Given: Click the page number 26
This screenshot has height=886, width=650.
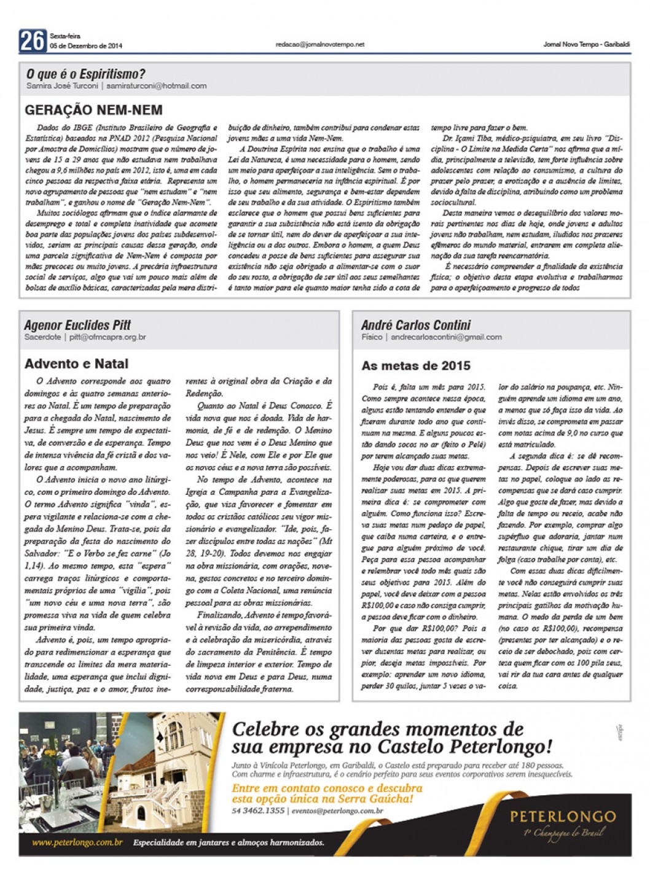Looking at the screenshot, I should pos(32,41).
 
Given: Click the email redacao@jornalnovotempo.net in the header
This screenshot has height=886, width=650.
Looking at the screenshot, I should pos(320,45).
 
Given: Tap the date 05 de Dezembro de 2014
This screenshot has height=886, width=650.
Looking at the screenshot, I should pos(86,46).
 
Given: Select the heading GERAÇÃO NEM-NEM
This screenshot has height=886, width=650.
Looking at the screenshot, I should pos(94,111).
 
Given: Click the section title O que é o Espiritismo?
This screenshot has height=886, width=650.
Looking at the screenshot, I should pos(86,74).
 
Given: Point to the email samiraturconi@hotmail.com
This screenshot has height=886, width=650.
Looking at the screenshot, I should pos(156,86).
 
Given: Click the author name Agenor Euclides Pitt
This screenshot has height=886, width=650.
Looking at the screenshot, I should pos(77,325).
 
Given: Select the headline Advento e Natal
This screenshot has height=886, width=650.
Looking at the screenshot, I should pos(77,363).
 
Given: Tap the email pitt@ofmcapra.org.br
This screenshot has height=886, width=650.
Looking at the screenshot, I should pos(108,337).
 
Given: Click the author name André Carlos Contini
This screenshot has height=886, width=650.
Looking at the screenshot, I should pos(416,325).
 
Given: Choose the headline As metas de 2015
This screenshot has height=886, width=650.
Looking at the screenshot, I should pos(416,366).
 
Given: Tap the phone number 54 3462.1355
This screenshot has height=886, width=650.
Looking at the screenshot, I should pos(259,811).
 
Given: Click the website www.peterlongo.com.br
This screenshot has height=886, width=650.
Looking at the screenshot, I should pos(77,842).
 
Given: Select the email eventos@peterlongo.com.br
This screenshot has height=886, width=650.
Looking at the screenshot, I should pos(337,811).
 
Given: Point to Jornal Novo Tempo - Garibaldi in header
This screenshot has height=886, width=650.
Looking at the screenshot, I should pos(586,45).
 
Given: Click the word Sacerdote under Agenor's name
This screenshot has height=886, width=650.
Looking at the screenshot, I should pos(42,337).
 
